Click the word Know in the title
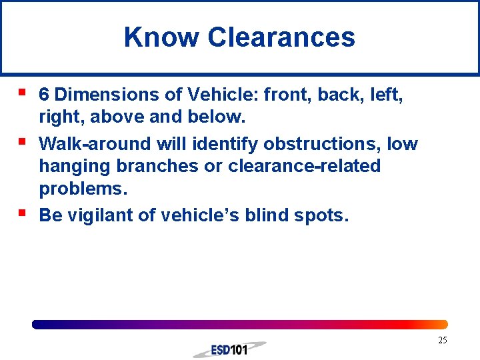tap(160, 37)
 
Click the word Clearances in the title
tap(281, 37)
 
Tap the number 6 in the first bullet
tap(44, 95)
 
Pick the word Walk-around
tap(95, 143)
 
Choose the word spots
tap(323, 215)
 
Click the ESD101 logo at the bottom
tap(229, 349)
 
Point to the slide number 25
tap(443, 341)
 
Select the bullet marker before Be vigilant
tap(22, 213)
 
